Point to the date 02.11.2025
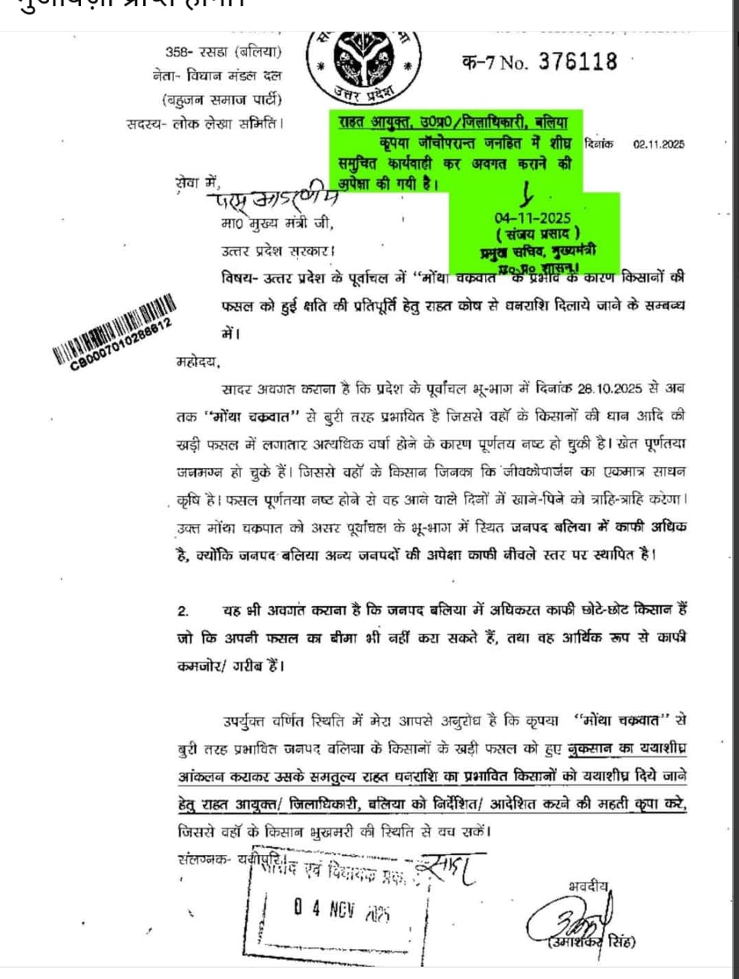point(659,144)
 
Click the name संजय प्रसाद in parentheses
point(538,234)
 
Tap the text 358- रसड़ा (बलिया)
point(223,53)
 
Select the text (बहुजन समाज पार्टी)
point(221,99)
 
